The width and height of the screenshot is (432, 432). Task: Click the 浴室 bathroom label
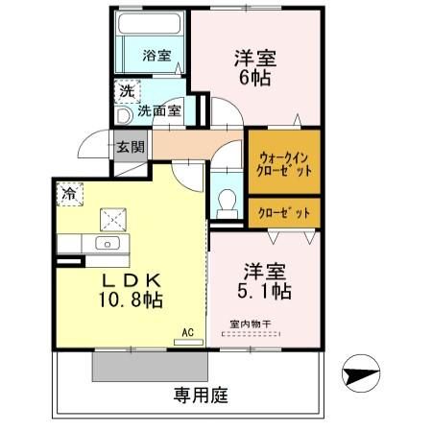click(157, 56)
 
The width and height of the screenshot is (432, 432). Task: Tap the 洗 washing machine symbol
click(126, 92)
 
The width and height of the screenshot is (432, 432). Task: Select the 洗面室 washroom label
click(158, 111)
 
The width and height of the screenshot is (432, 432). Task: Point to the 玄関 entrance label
click(131, 148)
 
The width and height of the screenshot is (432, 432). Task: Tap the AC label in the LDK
click(187, 333)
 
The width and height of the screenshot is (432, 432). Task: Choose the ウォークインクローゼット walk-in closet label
click(282, 161)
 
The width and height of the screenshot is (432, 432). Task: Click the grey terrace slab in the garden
click(150, 366)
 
